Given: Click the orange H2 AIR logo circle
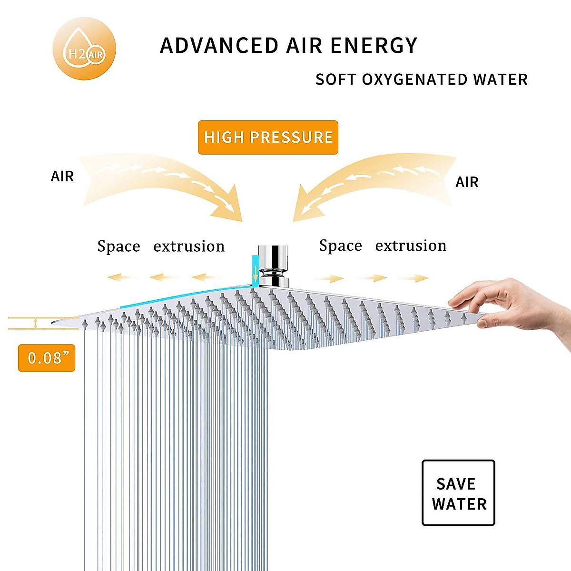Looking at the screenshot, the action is pyautogui.click(x=84, y=49).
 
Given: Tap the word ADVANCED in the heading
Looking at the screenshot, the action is pyautogui.click(x=219, y=46).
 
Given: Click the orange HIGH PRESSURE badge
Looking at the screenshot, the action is pyautogui.click(x=268, y=138).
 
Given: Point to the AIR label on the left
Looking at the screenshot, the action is pyautogui.click(x=62, y=177).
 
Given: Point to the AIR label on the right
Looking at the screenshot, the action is pyautogui.click(x=467, y=182).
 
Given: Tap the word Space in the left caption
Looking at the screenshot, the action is pyautogui.click(x=118, y=246).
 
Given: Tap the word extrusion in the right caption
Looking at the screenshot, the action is pyautogui.click(x=411, y=246).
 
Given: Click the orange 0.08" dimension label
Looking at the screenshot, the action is pyautogui.click(x=47, y=358).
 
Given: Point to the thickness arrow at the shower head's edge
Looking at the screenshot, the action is pyautogui.click(x=35, y=324).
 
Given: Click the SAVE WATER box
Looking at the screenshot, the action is pyautogui.click(x=458, y=493).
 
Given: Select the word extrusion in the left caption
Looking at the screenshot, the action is pyautogui.click(x=189, y=246).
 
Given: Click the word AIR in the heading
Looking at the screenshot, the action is pyautogui.click(x=304, y=46).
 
